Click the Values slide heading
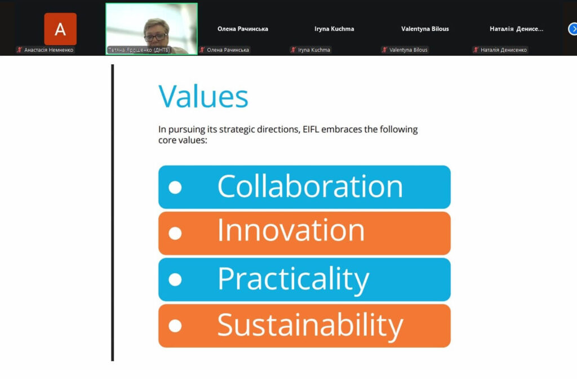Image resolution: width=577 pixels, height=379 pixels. pos(203,96)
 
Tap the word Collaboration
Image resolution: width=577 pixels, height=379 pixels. pos(310,186)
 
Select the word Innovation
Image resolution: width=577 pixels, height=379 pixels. pos(291,230)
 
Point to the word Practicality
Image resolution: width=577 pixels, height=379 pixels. pos(293,279)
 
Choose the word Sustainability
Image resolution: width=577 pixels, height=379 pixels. pos(310,326)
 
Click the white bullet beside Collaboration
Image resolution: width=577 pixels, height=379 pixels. pos(175,187)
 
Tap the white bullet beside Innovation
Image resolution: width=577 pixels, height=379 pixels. pos(175,233)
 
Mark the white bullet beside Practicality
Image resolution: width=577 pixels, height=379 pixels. pos(175,279)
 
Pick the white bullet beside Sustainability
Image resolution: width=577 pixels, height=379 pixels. pos(175,326)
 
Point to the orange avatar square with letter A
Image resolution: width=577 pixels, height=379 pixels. pos(60,29)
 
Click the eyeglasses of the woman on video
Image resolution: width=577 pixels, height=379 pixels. pos(156,37)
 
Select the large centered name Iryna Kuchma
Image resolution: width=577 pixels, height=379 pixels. pos(334,29)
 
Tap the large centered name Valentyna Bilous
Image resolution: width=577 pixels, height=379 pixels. pos(425,29)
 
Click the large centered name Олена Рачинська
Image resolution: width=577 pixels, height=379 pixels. pos(242,29)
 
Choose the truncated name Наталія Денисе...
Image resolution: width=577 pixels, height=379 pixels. pos(516,29)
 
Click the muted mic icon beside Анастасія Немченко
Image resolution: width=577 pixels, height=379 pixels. pos(20,50)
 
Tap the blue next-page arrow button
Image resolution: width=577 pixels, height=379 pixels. pos(572,29)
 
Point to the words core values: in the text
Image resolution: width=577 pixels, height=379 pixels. pos(183,140)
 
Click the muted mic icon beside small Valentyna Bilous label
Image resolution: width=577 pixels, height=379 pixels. pos(384,50)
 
